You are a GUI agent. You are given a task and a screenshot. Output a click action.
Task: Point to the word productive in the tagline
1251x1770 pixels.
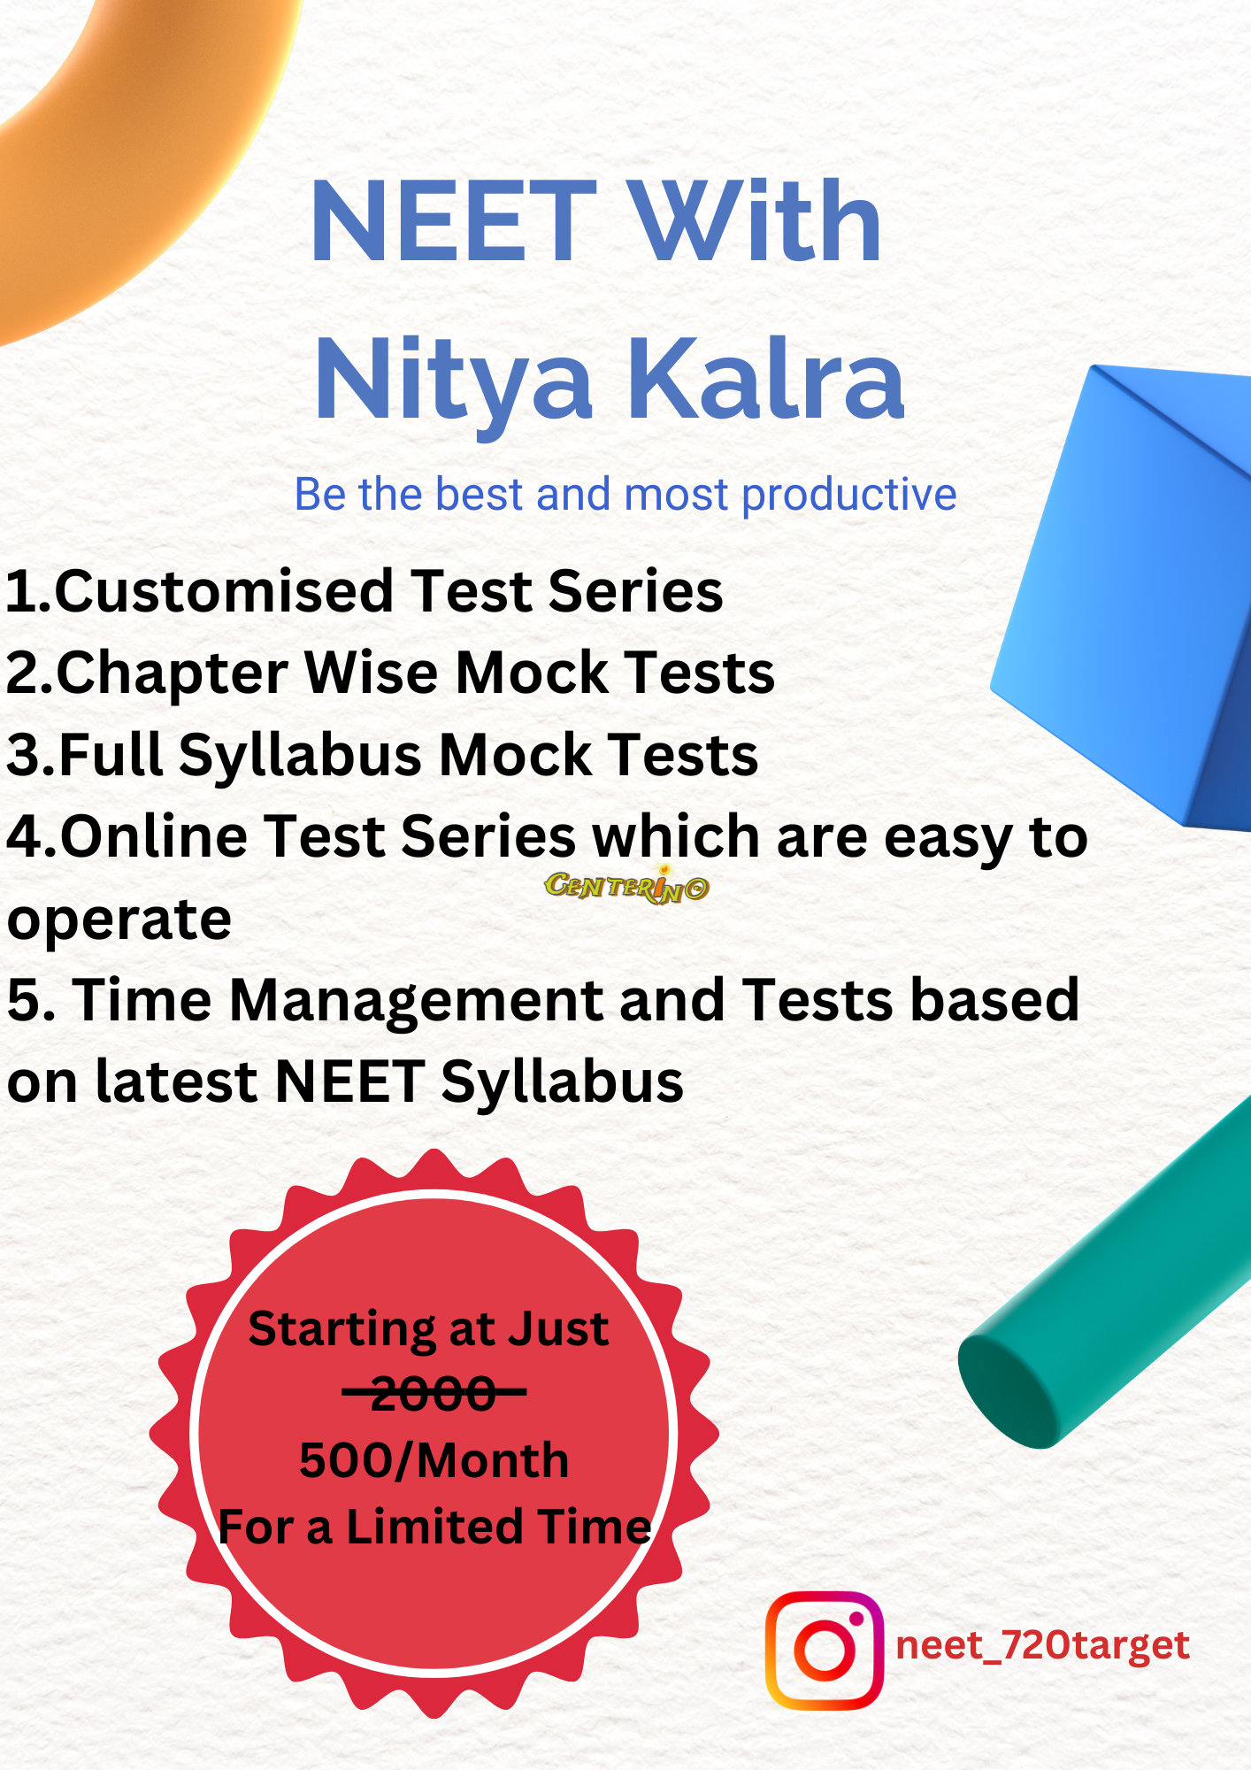click(849, 496)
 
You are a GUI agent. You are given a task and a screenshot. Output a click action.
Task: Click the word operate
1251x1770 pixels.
click(119, 921)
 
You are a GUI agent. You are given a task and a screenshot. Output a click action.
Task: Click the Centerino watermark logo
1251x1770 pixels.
click(626, 886)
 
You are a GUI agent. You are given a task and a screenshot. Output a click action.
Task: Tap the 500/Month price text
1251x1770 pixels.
click(434, 1460)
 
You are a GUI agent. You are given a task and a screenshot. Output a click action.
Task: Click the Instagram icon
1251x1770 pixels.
click(825, 1651)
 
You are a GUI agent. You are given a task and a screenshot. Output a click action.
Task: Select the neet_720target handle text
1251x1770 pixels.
click(1042, 1646)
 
